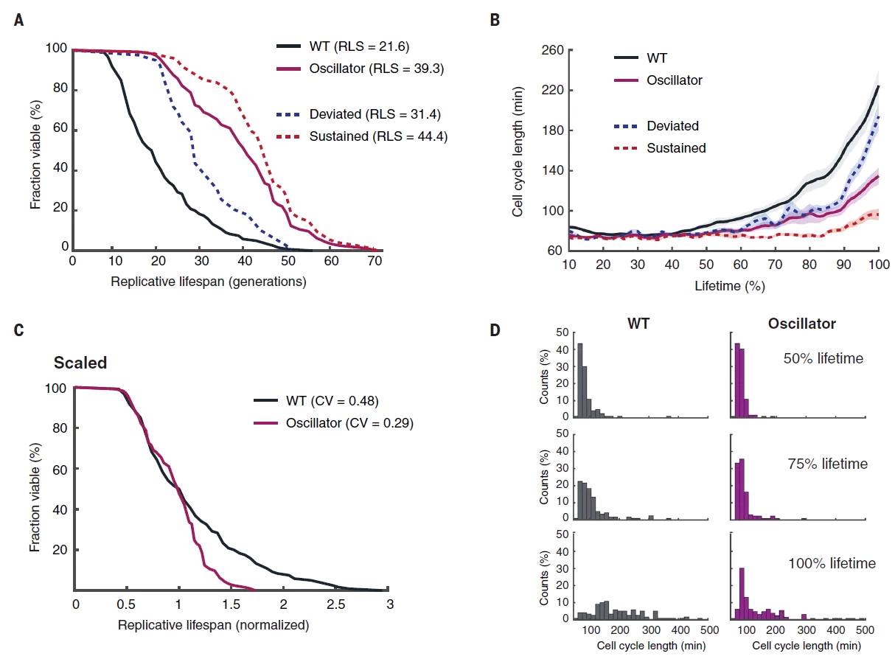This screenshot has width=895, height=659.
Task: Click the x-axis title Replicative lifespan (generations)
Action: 208,281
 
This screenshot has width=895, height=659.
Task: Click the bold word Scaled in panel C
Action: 80,363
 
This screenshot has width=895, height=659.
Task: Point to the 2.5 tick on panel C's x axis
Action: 336,603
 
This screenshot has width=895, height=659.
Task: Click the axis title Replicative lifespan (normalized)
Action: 213,624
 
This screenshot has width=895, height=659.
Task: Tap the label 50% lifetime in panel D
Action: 824,359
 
